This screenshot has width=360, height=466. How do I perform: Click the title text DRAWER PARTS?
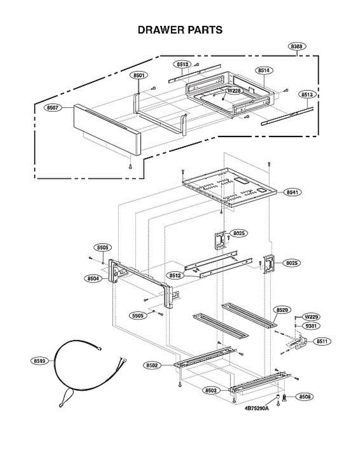(180, 30)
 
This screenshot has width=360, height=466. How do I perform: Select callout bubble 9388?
(297, 47)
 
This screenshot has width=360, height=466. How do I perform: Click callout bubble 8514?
(264, 71)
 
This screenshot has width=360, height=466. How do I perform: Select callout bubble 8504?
(93, 278)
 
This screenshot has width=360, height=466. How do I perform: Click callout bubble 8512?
(174, 275)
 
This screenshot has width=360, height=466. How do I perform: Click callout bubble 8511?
(321, 342)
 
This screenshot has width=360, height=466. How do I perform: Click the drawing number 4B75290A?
(257, 409)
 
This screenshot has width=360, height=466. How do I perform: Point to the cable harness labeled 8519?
(78, 373)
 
